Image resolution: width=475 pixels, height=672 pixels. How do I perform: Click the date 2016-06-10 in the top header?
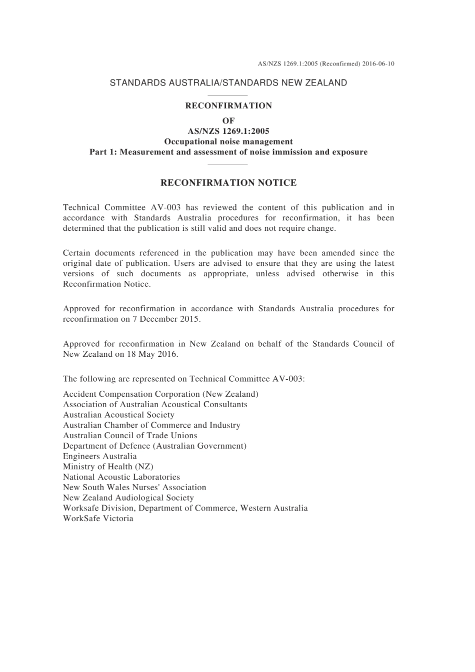click(x=378, y=64)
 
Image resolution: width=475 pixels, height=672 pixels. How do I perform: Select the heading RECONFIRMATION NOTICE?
click(x=228, y=183)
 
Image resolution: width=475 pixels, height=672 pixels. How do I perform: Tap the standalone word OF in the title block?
click(x=228, y=121)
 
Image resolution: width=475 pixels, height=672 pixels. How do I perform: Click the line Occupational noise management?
click(x=228, y=141)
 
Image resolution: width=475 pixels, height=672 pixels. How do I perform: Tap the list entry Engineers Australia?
click(x=100, y=456)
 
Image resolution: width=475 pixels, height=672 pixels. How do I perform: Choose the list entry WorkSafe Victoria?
click(x=98, y=519)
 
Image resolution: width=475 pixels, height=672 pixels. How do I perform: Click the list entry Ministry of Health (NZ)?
click(x=108, y=467)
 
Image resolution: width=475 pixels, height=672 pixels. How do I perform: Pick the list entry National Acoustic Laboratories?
click(x=121, y=477)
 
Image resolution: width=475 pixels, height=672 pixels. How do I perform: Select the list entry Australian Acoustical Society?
click(x=118, y=415)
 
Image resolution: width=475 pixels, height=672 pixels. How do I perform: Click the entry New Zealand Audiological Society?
click(x=128, y=498)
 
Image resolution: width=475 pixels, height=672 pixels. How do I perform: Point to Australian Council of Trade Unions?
click(x=130, y=436)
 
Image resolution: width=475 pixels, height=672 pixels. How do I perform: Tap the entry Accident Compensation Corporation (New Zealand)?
click(x=160, y=394)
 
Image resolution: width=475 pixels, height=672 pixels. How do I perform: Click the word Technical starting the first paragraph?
click(x=80, y=207)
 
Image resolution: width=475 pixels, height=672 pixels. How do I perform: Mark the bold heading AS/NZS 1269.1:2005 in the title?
click(x=228, y=131)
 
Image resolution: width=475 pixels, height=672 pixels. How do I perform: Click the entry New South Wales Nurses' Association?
click(x=134, y=487)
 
